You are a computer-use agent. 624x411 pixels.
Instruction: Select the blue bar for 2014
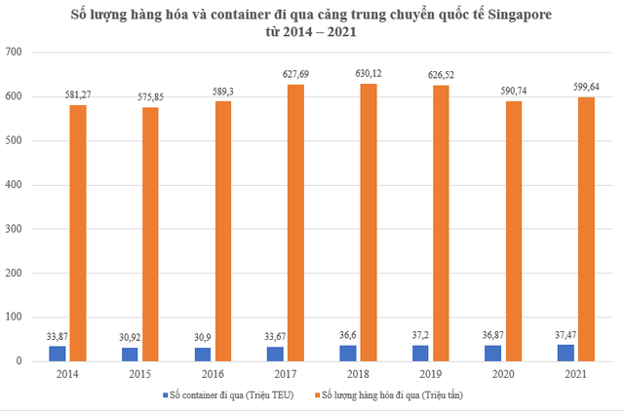coord(58,354)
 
